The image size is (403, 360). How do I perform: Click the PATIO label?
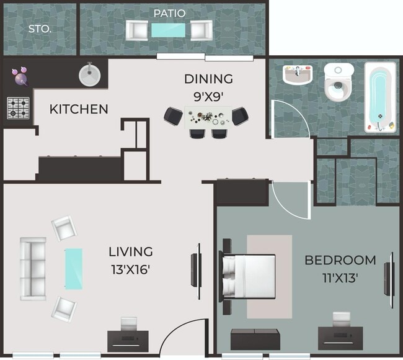169,13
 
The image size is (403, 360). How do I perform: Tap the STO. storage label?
39,29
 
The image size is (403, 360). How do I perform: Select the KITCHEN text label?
79,109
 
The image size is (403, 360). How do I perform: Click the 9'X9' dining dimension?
208,96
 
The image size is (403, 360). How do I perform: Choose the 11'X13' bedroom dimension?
340,277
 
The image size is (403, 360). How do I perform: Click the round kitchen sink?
89,75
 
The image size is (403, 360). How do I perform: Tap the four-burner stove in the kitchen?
19,108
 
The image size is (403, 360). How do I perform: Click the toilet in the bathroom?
339,83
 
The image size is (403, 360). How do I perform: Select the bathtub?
379,98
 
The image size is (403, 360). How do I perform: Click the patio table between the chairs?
169,30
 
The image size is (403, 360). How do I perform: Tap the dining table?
208,117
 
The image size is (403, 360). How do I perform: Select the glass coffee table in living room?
73,268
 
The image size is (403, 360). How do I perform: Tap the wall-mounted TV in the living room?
197,266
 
